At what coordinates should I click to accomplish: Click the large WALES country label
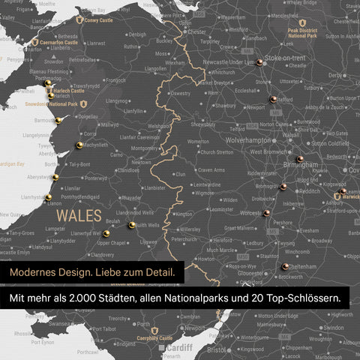pos(77,214)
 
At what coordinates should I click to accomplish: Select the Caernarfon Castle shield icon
pos(35,43)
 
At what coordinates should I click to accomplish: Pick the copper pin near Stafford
pos(273,98)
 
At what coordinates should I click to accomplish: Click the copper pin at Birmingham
pos(300,158)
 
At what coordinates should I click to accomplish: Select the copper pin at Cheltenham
pos(285,265)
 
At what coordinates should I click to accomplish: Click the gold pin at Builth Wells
pos(132,224)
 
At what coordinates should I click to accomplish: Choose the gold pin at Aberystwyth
pos(55,177)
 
